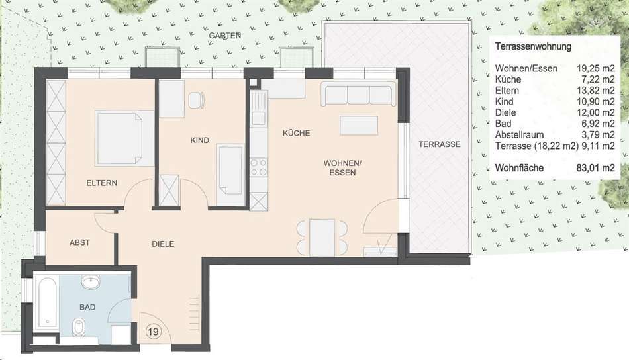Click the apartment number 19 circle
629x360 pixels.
click(x=154, y=332)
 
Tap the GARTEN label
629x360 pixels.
click(x=224, y=36)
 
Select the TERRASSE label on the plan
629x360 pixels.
click(x=439, y=144)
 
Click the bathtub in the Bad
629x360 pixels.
click(x=46, y=302)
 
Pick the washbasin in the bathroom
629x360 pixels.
click(x=91, y=282)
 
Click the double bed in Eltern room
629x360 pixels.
click(x=124, y=138)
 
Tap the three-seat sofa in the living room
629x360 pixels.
click(x=358, y=95)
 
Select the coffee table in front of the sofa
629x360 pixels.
click(x=359, y=126)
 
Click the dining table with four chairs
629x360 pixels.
click(x=322, y=238)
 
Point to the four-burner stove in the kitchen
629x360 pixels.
click(x=259, y=167)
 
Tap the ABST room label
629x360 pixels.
click(x=79, y=243)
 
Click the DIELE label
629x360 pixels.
click(x=163, y=244)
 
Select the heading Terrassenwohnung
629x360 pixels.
click(x=533, y=46)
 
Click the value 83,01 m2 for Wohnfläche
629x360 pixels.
click(x=595, y=168)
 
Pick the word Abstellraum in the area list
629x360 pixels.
click(x=519, y=135)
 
